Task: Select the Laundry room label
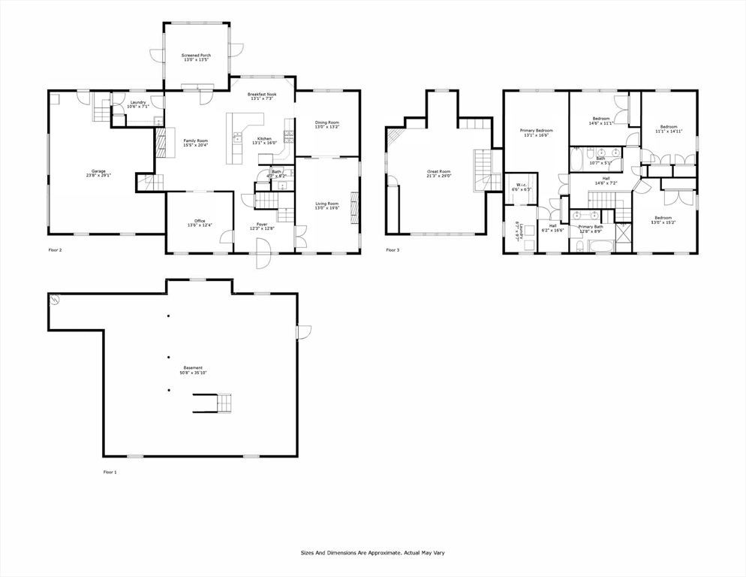(x=138, y=104)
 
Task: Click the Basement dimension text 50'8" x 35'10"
(x=193, y=373)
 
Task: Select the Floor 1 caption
(x=110, y=472)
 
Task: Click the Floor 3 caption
(x=393, y=250)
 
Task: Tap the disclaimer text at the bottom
(x=373, y=552)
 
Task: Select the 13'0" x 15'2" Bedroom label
(x=660, y=220)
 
